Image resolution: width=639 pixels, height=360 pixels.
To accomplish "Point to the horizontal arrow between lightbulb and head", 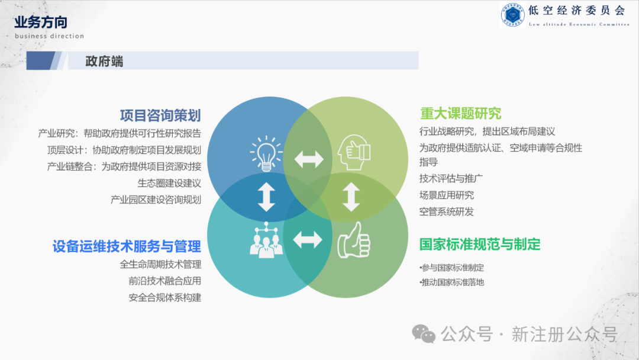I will pos(309,159).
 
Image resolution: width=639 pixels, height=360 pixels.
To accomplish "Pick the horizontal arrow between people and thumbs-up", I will pos(308,240).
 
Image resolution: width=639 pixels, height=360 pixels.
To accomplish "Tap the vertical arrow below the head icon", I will pos(351,197).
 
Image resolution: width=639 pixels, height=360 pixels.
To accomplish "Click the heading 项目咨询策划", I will pos(160,115).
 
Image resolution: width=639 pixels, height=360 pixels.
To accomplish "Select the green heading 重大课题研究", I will pos(460,113).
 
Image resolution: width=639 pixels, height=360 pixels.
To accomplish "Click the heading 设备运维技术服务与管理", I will pos(127,246).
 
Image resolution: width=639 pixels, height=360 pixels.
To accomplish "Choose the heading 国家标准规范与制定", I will pos(480,244).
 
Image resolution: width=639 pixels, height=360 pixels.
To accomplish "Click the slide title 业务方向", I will pos(41,22).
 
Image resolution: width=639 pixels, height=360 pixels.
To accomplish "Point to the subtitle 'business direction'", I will pos(50,36).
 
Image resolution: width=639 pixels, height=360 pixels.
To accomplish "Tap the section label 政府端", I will pos(104,61).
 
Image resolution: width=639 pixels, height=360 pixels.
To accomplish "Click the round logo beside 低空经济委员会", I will pos(512,14).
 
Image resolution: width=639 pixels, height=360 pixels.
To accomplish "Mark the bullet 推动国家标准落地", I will pos(452,282).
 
